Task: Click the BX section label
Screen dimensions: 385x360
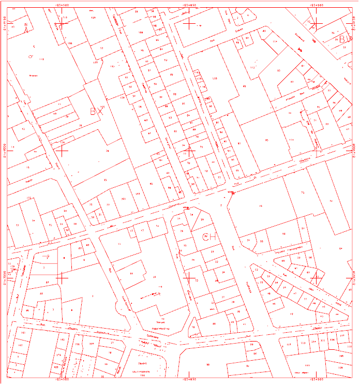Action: [97, 111]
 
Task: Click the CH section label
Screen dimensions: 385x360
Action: [205, 236]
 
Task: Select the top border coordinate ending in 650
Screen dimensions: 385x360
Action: [190, 4]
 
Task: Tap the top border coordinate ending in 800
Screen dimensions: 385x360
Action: [317, 4]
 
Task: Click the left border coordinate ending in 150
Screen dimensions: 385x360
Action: [5, 24]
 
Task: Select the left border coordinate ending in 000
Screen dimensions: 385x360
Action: [5, 151]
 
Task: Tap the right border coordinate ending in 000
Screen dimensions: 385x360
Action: [355, 151]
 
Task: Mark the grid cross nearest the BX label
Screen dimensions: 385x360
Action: [62, 151]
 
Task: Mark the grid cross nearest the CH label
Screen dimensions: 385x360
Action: [190, 278]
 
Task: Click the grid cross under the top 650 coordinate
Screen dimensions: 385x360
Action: [190, 24]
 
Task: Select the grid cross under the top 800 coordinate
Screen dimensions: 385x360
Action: [317, 24]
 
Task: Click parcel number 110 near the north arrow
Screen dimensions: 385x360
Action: [41, 61]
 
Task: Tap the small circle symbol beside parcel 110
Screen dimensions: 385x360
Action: [31, 55]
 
